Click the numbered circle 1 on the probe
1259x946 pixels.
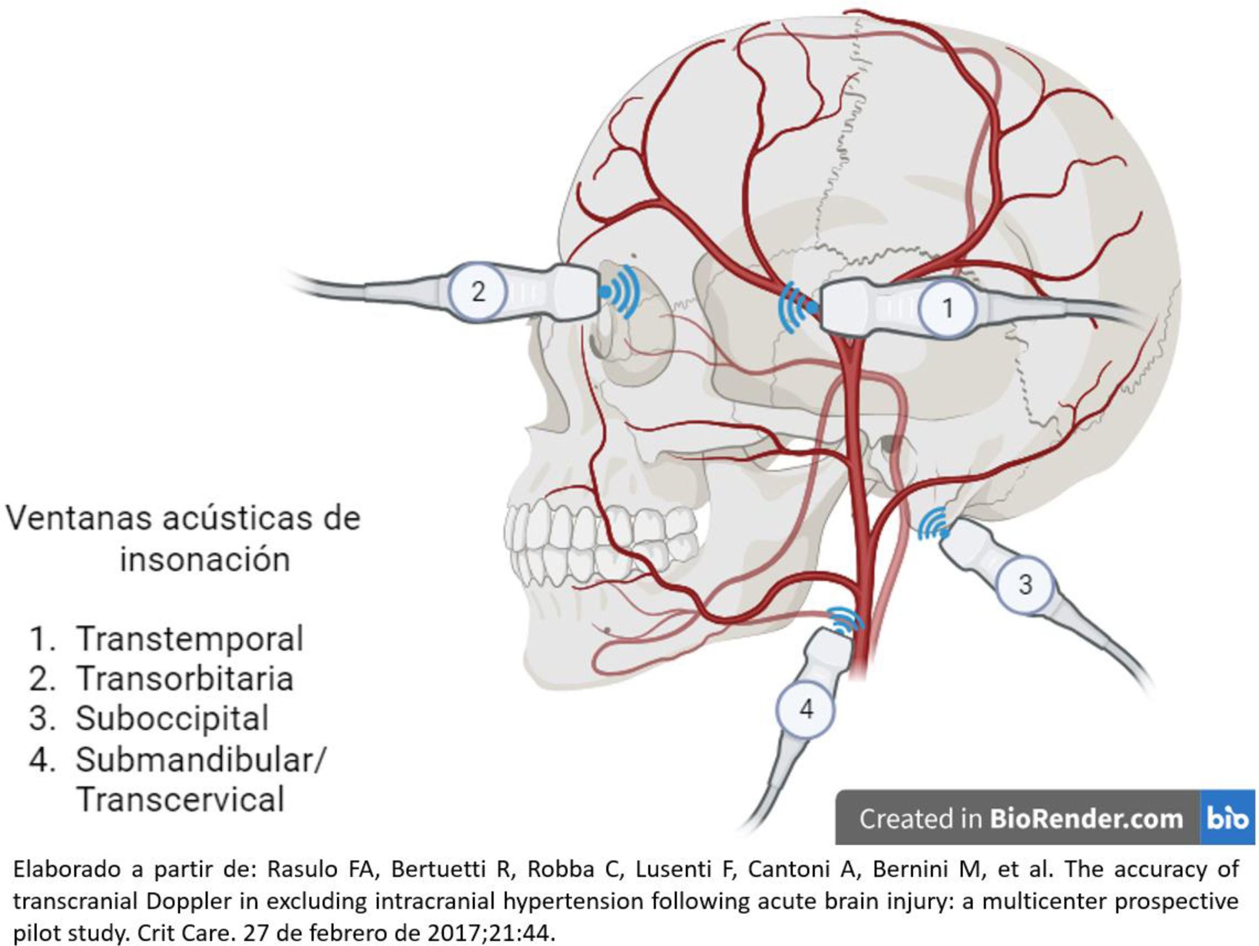pyautogui.click(x=947, y=309)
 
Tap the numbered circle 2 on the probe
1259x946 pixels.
pyautogui.click(x=478, y=292)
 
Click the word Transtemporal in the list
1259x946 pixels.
pyautogui.click(x=189, y=638)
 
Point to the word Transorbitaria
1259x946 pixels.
pyautogui.click(x=185, y=678)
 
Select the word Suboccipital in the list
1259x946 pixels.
pyautogui.click(x=172, y=718)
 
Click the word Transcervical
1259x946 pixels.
pyautogui.click(x=180, y=799)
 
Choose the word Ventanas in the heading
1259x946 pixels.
pyautogui.click(x=80, y=518)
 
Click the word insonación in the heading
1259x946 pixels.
pyautogui.click(x=205, y=560)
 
